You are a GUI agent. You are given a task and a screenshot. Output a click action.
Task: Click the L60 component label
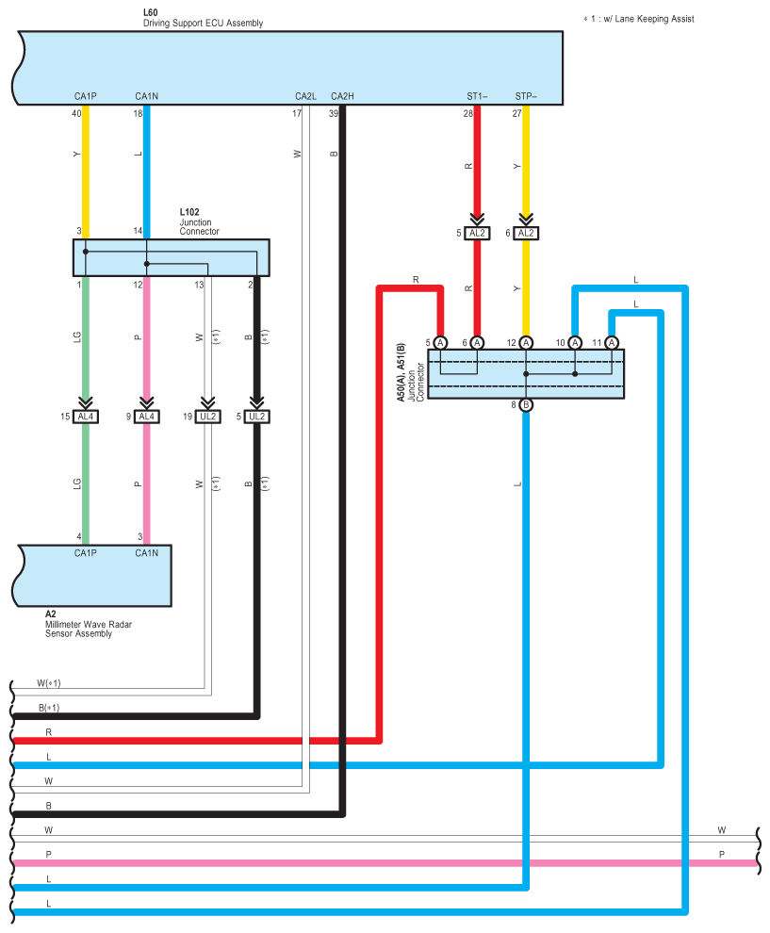click(151, 12)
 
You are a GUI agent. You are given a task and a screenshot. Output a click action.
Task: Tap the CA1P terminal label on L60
click(86, 96)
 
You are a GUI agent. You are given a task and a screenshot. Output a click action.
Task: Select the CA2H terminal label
click(342, 96)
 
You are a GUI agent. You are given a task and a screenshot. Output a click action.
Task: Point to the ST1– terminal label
click(477, 96)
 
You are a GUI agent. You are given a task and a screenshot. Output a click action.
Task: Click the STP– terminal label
click(526, 96)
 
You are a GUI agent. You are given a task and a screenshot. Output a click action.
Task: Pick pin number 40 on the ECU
click(76, 113)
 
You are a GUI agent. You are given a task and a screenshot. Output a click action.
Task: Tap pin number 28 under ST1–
click(467, 113)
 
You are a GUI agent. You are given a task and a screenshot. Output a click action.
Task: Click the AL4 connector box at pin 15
click(86, 417)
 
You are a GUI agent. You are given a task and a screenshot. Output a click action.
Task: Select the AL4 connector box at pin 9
click(146, 417)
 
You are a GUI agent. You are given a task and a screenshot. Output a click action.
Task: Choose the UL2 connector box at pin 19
click(207, 417)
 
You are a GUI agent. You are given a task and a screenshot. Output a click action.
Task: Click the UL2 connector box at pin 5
click(256, 417)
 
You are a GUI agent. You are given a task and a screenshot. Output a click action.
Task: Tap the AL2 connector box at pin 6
click(526, 233)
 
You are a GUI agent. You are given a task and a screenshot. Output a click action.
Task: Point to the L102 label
click(189, 213)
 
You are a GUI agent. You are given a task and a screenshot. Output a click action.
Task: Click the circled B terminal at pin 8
click(526, 405)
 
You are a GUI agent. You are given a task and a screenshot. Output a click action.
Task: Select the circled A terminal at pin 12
click(526, 343)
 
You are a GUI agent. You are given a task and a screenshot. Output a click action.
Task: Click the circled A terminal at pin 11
click(612, 343)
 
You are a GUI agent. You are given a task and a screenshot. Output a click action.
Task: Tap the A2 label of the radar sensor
click(51, 614)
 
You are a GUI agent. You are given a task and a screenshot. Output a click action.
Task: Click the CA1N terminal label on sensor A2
click(146, 553)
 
